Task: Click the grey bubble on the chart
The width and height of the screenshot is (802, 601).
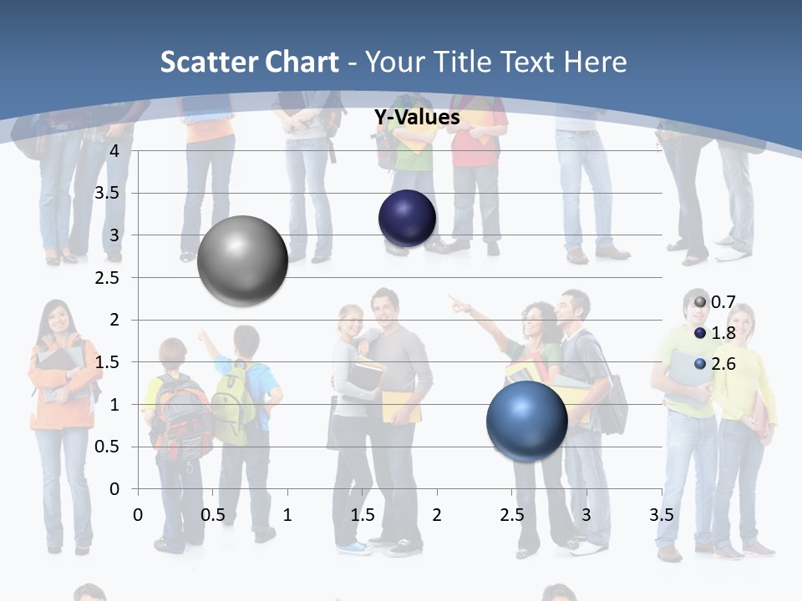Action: [x=242, y=260]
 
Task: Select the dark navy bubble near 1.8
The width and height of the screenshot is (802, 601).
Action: [x=407, y=219]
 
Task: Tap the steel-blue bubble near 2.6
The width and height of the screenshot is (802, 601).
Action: [x=526, y=421]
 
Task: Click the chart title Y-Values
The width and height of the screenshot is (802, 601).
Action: [x=416, y=118]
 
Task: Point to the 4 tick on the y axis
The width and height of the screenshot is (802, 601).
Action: [x=114, y=150]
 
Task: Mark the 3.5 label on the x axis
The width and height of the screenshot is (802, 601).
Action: [x=661, y=515]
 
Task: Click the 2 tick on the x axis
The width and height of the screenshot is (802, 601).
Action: [x=437, y=515]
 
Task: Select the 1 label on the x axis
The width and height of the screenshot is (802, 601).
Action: [x=287, y=515]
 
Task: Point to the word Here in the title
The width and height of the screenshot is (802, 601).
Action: [x=595, y=62]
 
